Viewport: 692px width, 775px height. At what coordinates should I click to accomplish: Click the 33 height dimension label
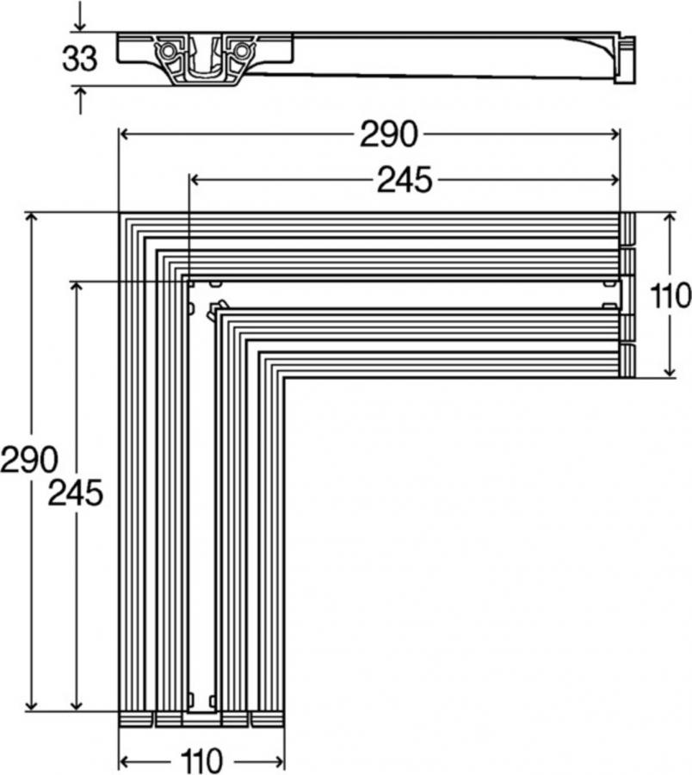78,59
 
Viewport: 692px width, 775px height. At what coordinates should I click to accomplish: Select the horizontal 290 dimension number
389,133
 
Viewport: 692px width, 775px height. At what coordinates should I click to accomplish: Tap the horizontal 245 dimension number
404,179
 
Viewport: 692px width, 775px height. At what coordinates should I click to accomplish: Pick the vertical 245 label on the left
75,493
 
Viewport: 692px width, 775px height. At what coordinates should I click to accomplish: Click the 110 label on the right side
671,295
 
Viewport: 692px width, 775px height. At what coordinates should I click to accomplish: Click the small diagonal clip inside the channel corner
215,309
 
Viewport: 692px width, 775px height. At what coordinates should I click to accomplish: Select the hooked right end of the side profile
625,59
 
